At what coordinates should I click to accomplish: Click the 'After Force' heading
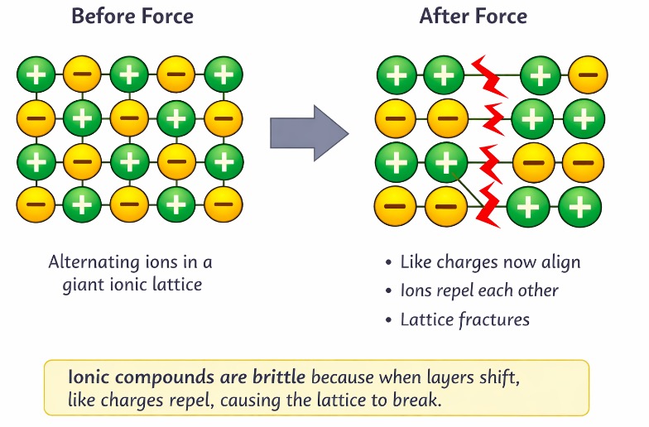pos(473,17)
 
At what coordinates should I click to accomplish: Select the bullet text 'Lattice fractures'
pos(464,319)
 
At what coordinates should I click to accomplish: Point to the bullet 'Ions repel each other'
pos(479,290)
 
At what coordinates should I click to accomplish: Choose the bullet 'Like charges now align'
pos(490,262)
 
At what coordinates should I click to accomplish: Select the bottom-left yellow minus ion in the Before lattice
pos(36,202)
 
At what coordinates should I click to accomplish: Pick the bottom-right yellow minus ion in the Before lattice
pos(223,202)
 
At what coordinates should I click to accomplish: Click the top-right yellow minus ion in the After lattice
pos(587,76)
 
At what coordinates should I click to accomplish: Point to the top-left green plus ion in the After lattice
pos(397,76)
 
